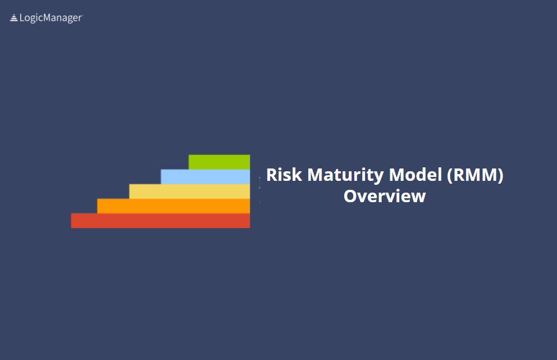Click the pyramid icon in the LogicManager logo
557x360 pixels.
14,18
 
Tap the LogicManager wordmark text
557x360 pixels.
51,18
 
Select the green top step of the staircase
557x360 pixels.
219,162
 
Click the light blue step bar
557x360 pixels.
206,176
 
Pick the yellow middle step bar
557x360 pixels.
190,191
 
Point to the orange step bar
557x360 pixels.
174,206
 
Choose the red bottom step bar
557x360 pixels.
161,221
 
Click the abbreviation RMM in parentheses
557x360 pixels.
475,175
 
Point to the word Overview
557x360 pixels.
385,196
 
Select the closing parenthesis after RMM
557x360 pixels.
500,176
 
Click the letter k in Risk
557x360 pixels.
298,175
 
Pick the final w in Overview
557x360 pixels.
418,198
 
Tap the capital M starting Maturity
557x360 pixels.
316,175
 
